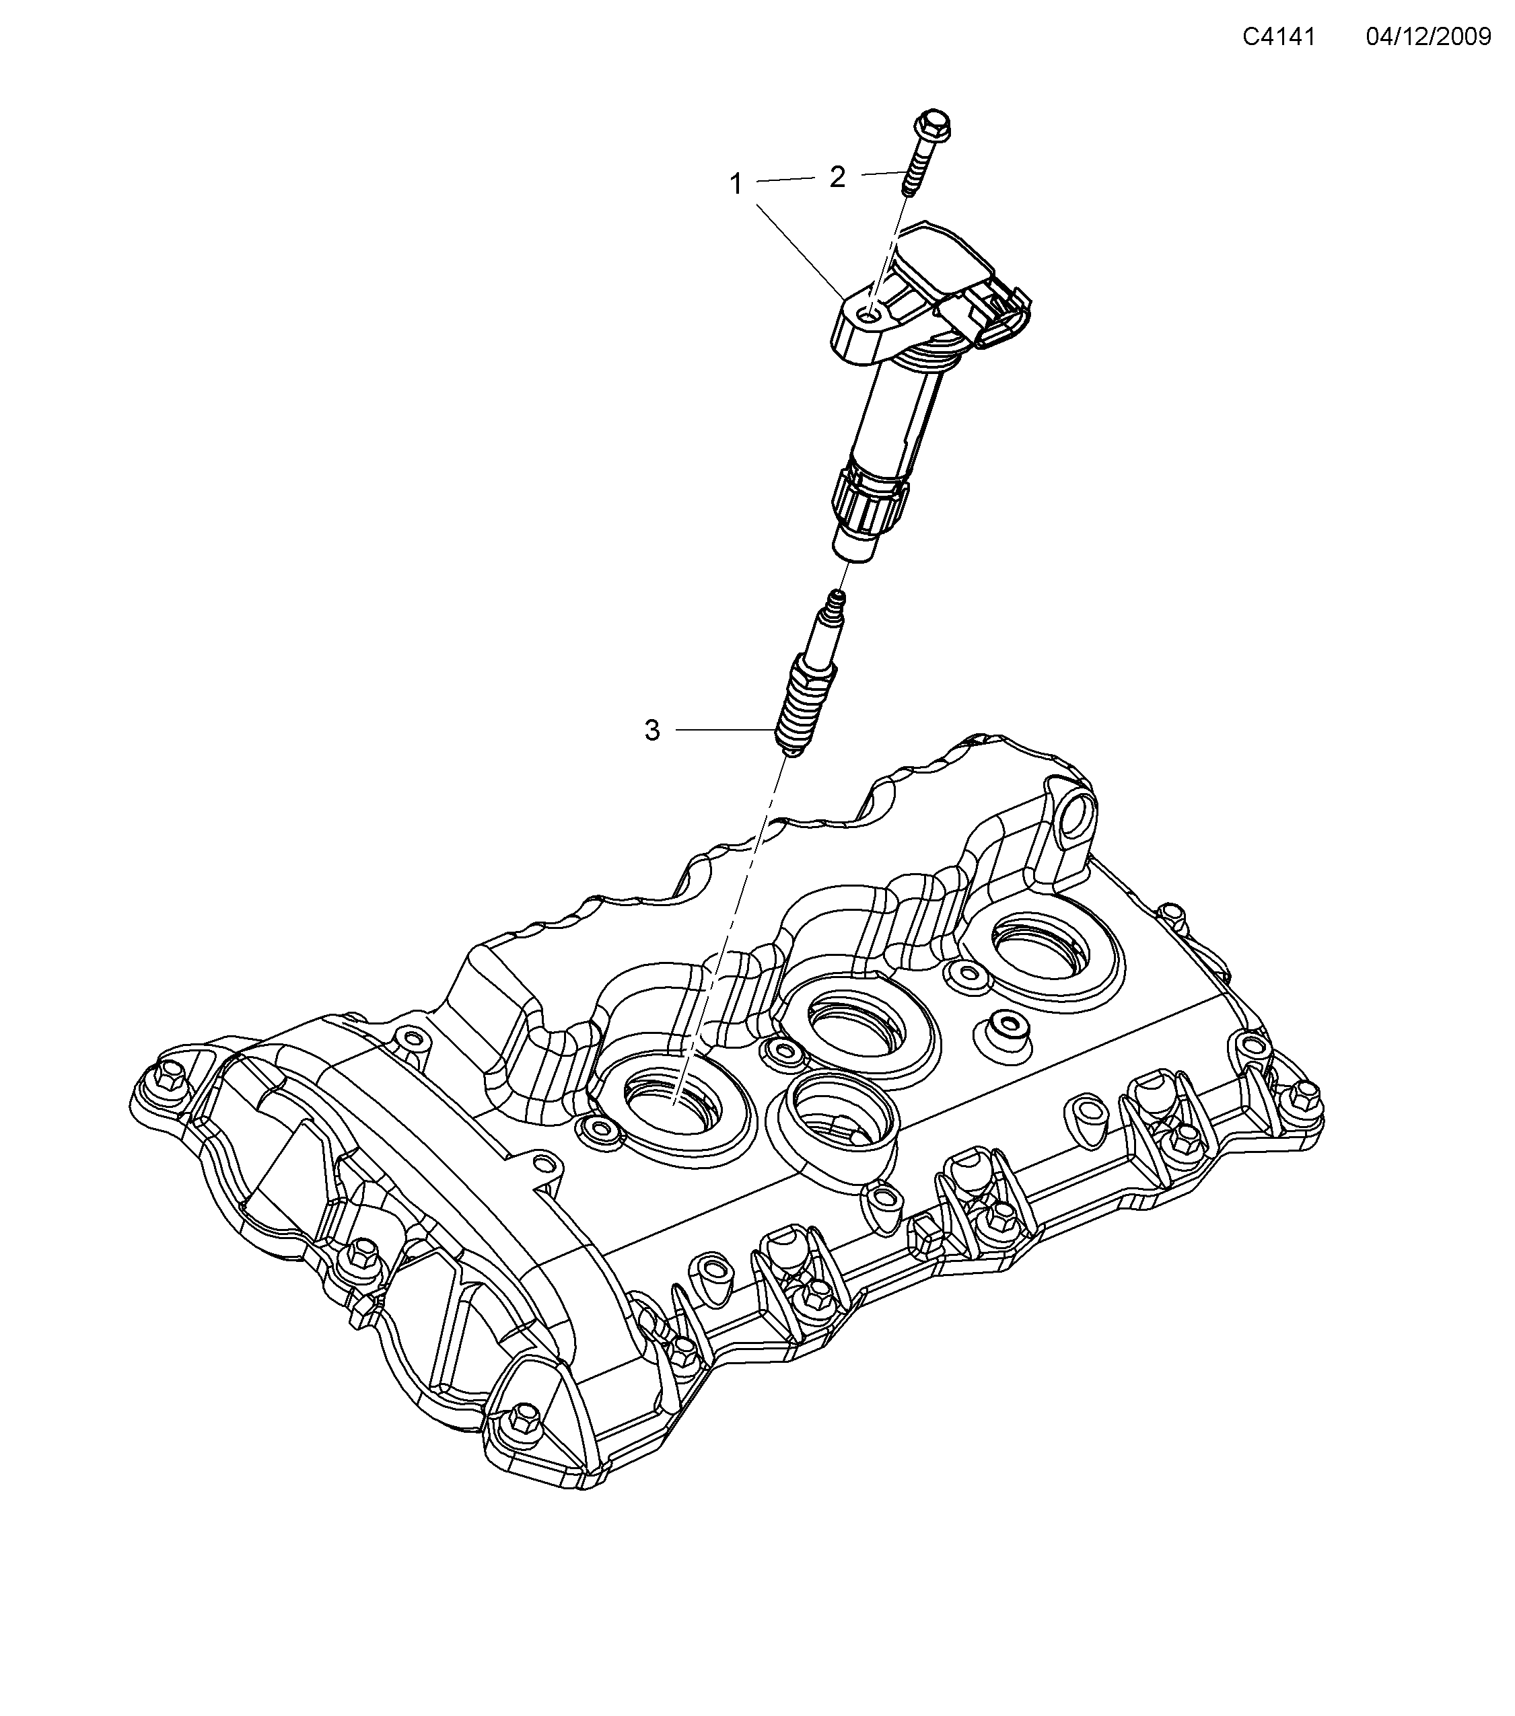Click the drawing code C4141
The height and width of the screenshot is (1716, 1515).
click(1278, 36)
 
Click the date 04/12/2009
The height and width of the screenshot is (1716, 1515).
click(1428, 36)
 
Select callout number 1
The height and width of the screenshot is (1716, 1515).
click(736, 184)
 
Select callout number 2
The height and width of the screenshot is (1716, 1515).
click(837, 177)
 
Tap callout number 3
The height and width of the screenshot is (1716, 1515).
click(651, 731)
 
